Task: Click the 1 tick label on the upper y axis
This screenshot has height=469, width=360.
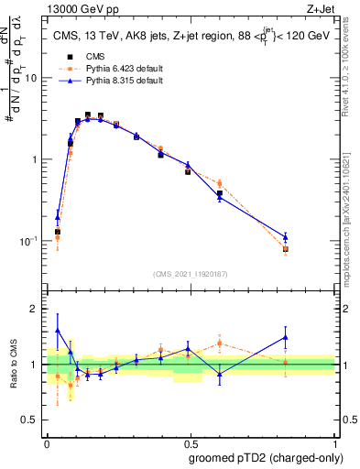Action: [x=35, y=159]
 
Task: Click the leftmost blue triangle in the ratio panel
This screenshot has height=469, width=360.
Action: [x=58, y=331]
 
